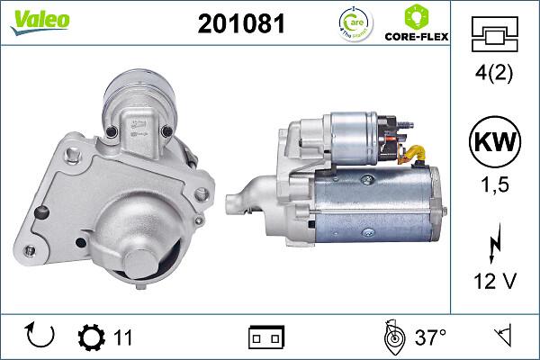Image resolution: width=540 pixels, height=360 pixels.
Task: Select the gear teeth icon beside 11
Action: [x=93, y=337]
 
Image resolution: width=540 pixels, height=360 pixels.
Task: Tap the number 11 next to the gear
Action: [x=123, y=338]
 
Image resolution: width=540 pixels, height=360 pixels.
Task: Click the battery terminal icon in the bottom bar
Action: [x=266, y=337]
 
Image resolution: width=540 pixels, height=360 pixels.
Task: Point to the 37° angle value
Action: [x=430, y=338]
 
